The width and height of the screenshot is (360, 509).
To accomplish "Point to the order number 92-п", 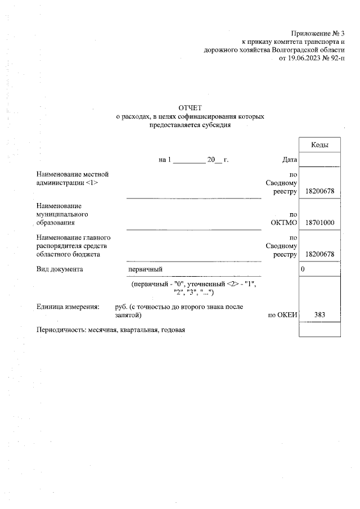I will (x=336, y=58).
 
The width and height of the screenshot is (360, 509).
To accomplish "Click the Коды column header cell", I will (x=320, y=146).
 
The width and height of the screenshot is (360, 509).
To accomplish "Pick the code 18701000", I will (x=319, y=223).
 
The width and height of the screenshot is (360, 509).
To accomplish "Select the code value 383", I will (x=320, y=314).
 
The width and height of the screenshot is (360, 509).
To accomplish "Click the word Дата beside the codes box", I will (x=289, y=160).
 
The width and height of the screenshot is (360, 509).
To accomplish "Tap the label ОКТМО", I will (x=283, y=223).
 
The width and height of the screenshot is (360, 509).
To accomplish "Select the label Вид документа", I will (x=60, y=269).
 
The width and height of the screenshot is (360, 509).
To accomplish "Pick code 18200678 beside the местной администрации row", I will (x=319, y=191).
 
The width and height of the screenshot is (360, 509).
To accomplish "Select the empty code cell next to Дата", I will (x=320, y=160).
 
